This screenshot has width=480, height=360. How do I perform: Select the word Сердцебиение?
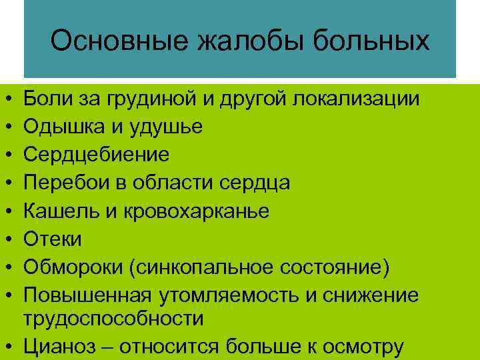click(97, 155)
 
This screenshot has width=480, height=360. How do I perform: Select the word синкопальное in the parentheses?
click(201, 267)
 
